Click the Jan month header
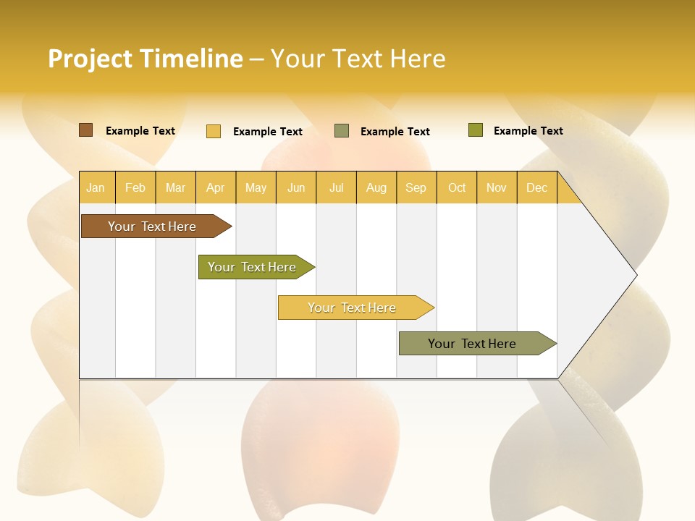coord(96,187)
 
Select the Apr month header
coord(215,187)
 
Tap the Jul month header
coord(336,187)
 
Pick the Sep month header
coord(416,187)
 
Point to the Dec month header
coord(536,187)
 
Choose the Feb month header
coord(135,187)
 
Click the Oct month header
coord(457,187)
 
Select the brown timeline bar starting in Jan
coord(152,226)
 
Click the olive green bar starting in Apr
coord(252,267)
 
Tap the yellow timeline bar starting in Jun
coord(352,308)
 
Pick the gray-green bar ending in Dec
coord(472,344)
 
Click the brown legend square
coord(86,130)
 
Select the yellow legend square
coord(214,131)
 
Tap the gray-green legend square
coord(342,131)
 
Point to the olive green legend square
coord(476,130)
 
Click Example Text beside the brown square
coord(140,131)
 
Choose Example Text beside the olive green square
coord(528,131)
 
